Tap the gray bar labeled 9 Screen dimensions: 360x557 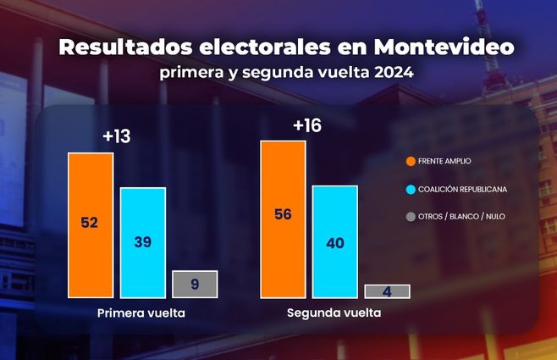tap(195, 284)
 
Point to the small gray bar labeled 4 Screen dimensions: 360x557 tap(387, 291)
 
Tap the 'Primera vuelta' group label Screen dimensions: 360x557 tap(141, 313)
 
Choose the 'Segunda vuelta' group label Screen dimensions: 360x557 tap(333, 313)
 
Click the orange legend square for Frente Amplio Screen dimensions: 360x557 tap(411, 160)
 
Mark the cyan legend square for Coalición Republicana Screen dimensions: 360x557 tap(411, 189)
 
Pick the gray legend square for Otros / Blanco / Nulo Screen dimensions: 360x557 tap(411, 217)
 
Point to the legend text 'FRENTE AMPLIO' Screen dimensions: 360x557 tap(445, 160)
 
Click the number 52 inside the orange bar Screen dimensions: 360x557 tap(91, 223)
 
